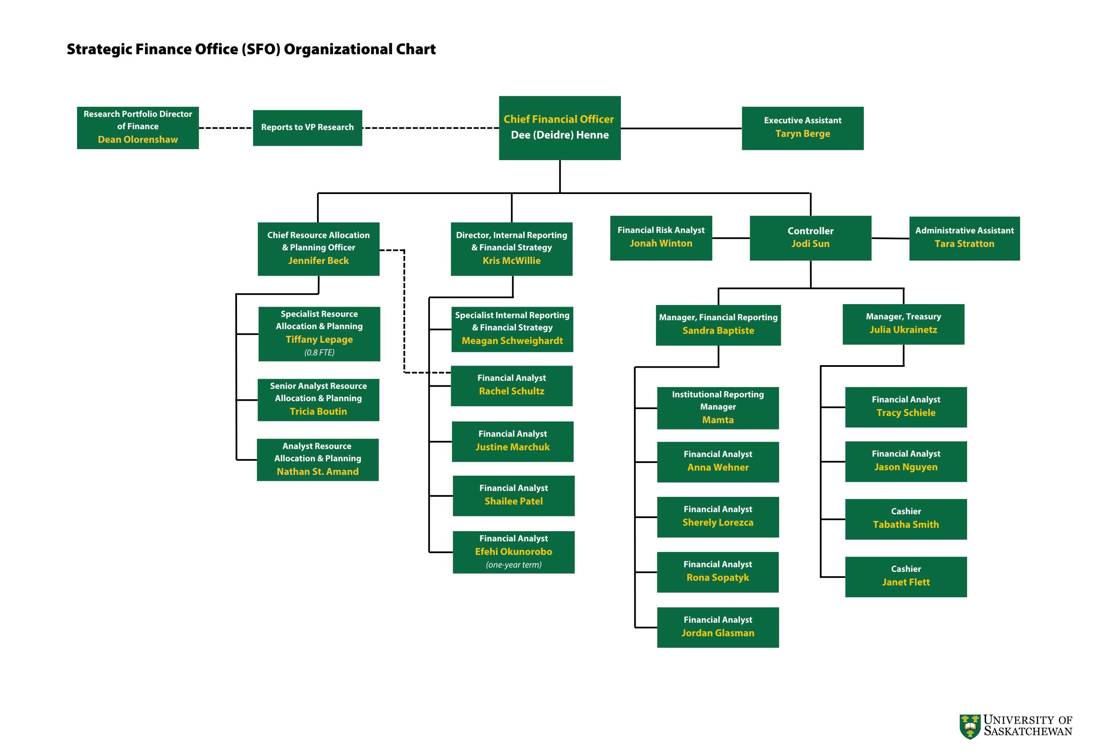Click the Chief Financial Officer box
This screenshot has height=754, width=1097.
tap(560, 128)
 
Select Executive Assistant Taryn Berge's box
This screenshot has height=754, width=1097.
tap(802, 128)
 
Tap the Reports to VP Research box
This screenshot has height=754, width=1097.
tap(307, 128)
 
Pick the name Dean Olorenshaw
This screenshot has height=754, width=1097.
tap(138, 139)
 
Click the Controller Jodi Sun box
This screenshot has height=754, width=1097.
tap(810, 238)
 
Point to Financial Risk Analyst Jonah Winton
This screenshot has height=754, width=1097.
tap(660, 238)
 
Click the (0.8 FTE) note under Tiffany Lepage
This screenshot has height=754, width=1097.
tap(319, 352)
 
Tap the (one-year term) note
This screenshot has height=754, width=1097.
tap(513, 565)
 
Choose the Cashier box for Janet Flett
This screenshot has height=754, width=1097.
tap(905, 577)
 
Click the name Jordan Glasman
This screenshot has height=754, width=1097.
tap(717, 633)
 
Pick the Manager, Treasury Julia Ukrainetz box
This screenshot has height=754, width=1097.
tap(903, 324)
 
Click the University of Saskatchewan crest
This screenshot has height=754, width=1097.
tap(970, 726)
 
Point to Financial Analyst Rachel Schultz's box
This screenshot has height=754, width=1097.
tap(512, 385)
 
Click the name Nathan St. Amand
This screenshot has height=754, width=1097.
tap(318, 471)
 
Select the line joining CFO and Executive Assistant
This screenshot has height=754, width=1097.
tap(681, 128)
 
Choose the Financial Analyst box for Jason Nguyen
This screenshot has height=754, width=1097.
tap(905, 461)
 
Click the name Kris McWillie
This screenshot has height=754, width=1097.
tap(511, 261)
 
